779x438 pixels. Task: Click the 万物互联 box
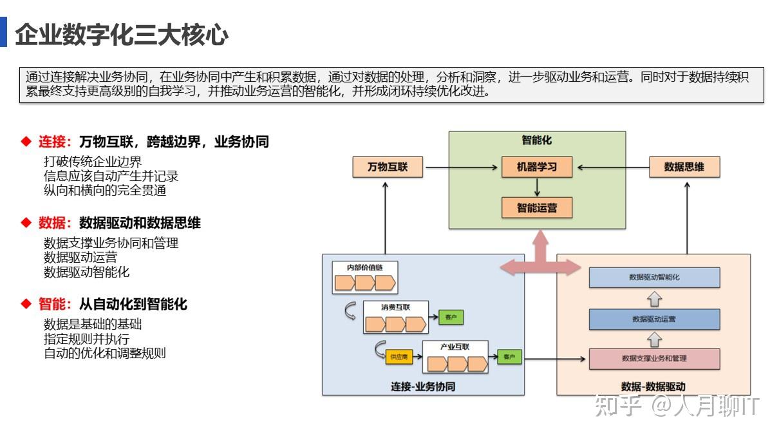388,167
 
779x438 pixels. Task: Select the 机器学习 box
536,167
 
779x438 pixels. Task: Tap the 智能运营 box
536,207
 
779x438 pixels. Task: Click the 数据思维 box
684,167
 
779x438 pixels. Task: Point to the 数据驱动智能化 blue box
654,277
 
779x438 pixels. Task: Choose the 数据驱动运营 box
654,318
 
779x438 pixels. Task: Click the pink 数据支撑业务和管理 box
654,358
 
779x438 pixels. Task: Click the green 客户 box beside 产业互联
509,356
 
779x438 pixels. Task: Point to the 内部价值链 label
364,267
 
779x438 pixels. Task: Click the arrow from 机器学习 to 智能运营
536,187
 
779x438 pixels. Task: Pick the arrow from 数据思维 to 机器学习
612,167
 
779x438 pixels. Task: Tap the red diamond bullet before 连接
26,142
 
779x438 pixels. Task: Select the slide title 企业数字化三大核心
122,33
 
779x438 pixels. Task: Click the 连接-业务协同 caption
423,386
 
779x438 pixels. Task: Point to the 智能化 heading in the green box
536,140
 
